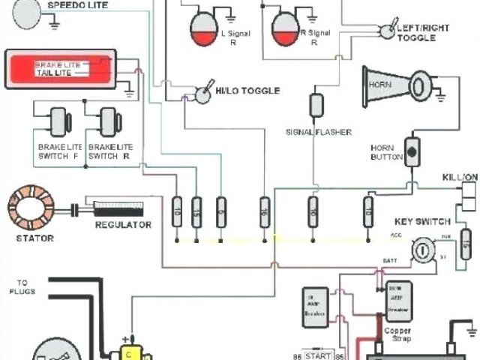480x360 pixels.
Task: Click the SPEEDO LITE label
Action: coord(77,5)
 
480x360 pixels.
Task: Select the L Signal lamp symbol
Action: coord(202,26)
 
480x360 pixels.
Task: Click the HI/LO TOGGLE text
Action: coord(247,91)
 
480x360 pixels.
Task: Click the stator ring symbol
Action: coord(31,209)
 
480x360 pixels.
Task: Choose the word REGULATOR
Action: coord(123,224)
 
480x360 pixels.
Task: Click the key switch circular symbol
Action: coord(424,247)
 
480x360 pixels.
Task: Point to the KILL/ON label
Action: coord(460,176)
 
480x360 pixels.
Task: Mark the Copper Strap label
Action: coord(397,334)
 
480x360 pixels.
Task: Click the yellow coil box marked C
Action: coord(129,352)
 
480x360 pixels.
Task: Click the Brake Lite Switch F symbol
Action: coord(58,121)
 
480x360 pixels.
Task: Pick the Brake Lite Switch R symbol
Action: coord(109,121)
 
